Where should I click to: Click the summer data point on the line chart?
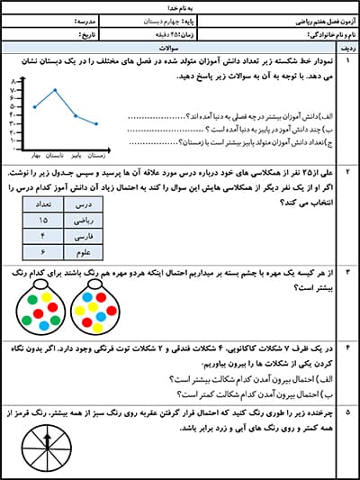[55, 90]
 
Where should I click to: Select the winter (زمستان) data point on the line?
[97, 124]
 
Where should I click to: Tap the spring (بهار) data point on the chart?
[35, 106]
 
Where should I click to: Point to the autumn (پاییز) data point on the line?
[76, 115]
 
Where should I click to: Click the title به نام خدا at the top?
[179, 5]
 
